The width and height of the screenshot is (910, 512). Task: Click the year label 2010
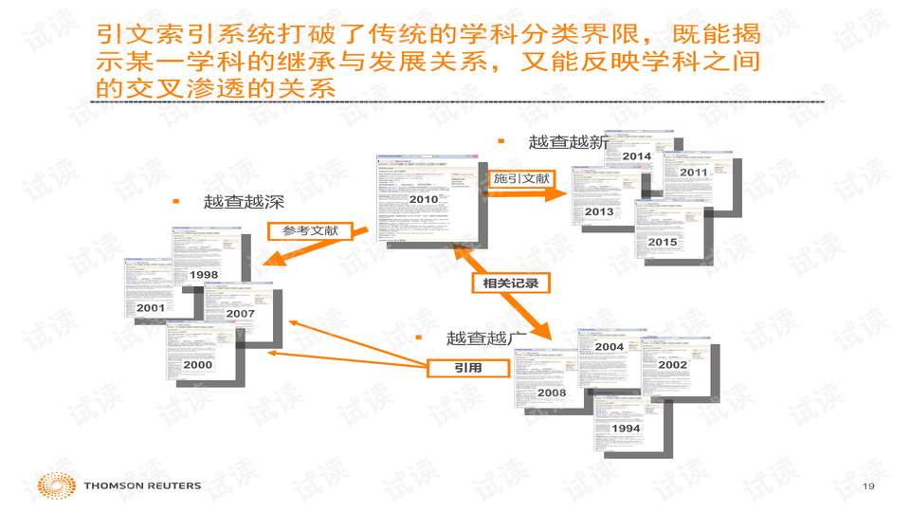pyautogui.click(x=424, y=199)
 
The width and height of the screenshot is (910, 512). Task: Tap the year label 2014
pyautogui.click(x=637, y=155)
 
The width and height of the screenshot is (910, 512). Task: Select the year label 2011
pyautogui.click(x=694, y=173)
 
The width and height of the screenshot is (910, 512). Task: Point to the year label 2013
pyautogui.click(x=599, y=211)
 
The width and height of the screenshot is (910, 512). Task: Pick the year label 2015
pyautogui.click(x=663, y=242)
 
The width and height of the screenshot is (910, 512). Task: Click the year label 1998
pyautogui.click(x=204, y=275)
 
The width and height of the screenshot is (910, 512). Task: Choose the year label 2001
pyautogui.click(x=151, y=308)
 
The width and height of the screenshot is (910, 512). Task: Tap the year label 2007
pyautogui.click(x=241, y=314)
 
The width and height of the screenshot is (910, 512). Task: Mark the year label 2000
pyautogui.click(x=198, y=365)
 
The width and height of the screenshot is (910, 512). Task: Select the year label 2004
pyautogui.click(x=610, y=347)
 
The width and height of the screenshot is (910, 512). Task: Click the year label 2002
pyautogui.click(x=673, y=365)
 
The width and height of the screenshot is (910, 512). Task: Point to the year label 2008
pyautogui.click(x=552, y=393)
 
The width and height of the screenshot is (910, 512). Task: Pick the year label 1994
pyautogui.click(x=626, y=429)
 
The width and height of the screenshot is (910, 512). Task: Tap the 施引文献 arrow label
pyautogui.click(x=521, y=179)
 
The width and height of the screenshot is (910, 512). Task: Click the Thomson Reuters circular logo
pyautogui.click(x=57, y=486)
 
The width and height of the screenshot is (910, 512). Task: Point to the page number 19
pyautogui.click(x=868, y=486)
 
